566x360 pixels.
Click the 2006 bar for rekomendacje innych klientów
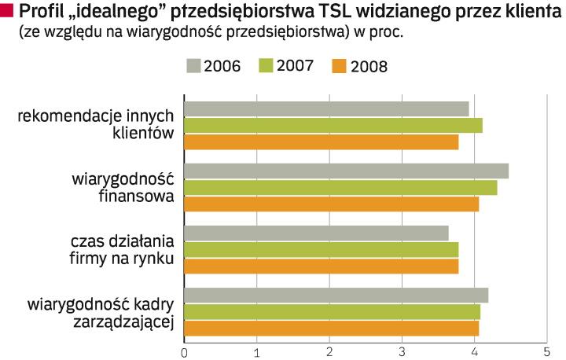pos(326,108)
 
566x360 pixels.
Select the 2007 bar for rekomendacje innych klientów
pos(333,125)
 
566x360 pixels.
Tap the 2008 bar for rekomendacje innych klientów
pos(321,142)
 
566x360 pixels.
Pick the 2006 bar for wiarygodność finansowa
pos(346,171)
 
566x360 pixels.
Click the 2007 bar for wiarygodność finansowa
pos(340,187)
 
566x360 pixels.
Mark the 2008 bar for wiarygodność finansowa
pos(331,204)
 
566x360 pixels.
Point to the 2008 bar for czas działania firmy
pos(321,266)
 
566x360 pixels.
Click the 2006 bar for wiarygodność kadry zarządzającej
pos(336,295)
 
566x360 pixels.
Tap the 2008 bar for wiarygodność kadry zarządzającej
pos(331,328)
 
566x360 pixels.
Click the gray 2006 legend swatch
pos(193,65)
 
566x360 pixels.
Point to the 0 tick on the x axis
pos(184,351)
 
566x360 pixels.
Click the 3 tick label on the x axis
pos(402,351)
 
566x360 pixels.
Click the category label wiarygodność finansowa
pos(122,187)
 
